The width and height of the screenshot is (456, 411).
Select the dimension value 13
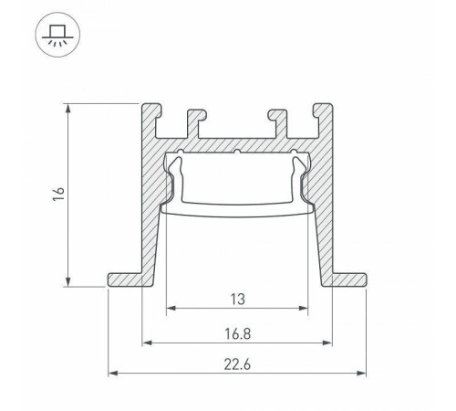236,298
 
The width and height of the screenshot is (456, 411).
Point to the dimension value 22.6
236,362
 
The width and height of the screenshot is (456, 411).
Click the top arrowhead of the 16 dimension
68,108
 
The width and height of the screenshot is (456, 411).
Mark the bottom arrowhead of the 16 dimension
68,282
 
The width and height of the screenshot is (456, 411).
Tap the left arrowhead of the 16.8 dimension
146,344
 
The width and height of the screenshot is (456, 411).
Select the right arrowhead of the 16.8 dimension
327,344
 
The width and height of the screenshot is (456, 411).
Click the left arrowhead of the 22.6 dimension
113,374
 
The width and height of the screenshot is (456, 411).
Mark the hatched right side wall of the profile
322,210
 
